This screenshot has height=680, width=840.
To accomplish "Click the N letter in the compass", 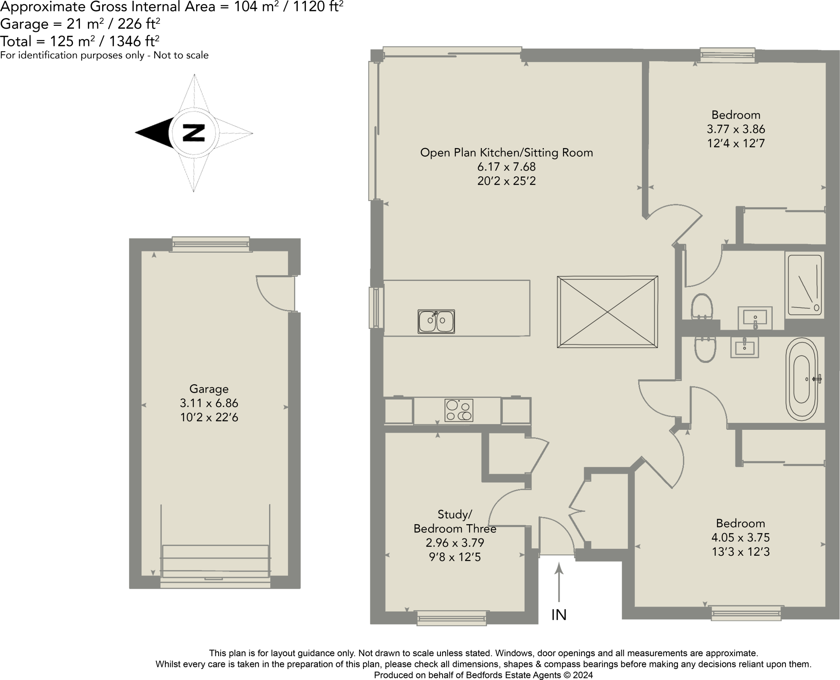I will click(x=194, y=132).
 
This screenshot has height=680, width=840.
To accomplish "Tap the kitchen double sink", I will click(x=436, y=321).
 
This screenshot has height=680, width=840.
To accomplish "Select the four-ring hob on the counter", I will click(x=459, y=410).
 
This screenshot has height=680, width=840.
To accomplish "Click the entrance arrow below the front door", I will click(x=559, y=583).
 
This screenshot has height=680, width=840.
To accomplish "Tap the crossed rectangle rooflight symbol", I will click(x=607, y=312).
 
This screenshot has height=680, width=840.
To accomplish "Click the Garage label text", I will click(x=209, y=388).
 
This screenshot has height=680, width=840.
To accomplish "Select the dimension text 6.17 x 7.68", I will click(x=507, y=167).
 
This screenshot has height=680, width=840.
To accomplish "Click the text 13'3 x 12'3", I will click(x=741, y=552).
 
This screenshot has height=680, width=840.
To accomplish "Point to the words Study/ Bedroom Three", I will click(x=455, y=521).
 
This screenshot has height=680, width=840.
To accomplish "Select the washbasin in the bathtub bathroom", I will click(x=744, y=348).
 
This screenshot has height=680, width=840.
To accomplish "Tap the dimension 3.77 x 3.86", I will click(x=736, y=129).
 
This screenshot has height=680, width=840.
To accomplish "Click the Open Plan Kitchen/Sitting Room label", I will click(x=507, y=153).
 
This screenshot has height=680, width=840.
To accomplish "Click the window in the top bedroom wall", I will click(x=727, y=55).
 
